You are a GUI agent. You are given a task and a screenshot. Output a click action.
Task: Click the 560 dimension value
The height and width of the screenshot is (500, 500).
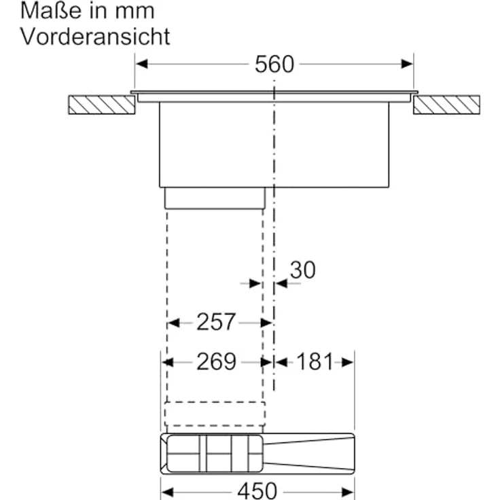coord(274,65)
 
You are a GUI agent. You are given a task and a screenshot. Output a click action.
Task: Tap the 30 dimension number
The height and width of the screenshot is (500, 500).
coord(302,270)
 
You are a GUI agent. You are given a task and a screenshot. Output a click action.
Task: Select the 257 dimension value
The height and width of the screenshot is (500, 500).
coord(216,322)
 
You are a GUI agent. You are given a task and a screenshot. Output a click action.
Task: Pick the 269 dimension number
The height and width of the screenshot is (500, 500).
coord(216,361)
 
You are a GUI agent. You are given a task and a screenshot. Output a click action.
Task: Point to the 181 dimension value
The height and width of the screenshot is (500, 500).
coord(315,361)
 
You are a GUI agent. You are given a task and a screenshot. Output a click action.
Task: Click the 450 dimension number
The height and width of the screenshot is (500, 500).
coord(257,491)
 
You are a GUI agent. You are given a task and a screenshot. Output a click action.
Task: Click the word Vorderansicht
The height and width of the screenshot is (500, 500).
coord(95,37)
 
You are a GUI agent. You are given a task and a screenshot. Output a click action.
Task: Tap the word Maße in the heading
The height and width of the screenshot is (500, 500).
coord(51,11)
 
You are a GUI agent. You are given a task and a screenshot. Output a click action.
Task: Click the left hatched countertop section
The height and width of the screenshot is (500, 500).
coord(102,105)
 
